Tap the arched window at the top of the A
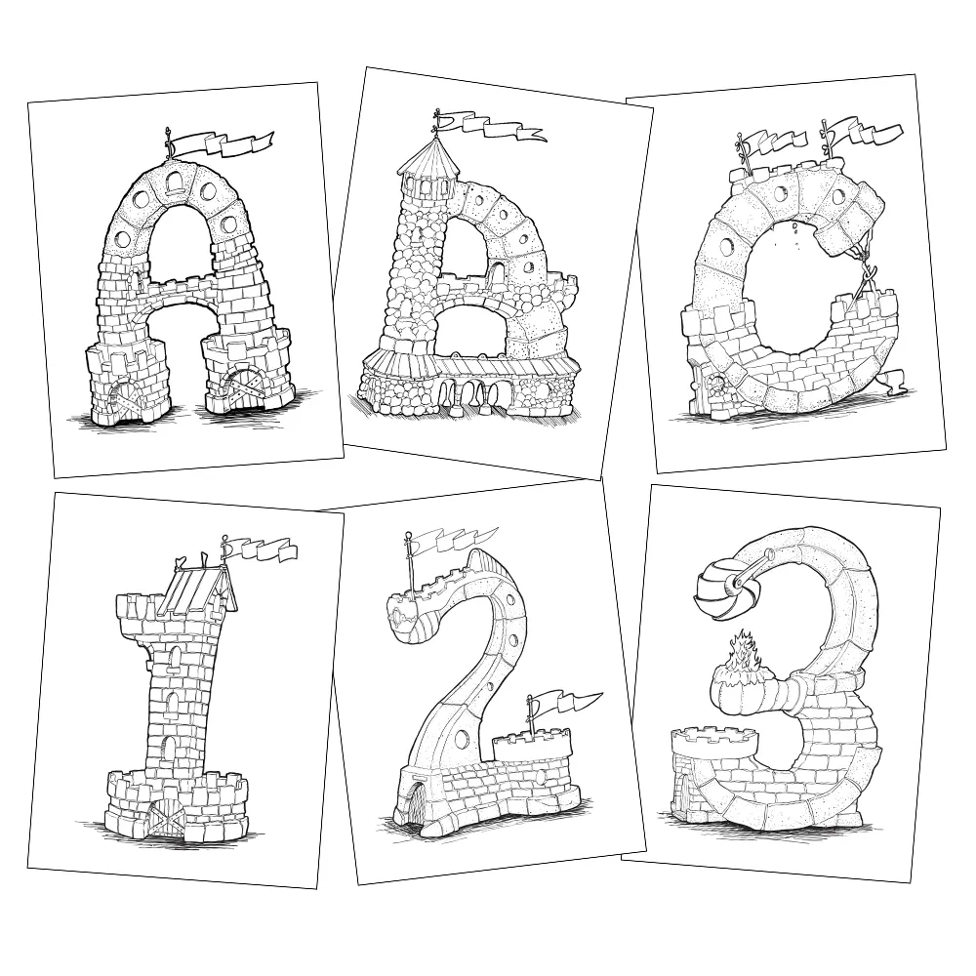pyautogui.click(x=177, y=181)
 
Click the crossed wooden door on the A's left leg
pyautogui.click(x=127, y=394)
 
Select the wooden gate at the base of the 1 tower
pyautogui.click(x=167, y=817)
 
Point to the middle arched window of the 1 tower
pyautogui.click(x=173, y=703)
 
